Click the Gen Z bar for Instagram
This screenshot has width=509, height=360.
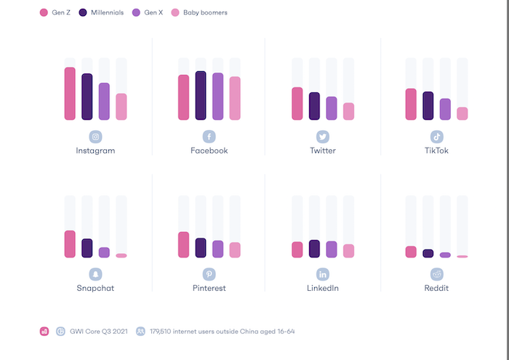[70, 94]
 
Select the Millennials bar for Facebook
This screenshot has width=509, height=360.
[201, 95]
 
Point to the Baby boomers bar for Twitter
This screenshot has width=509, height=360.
[348, 111]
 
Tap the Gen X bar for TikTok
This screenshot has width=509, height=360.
[445, 109]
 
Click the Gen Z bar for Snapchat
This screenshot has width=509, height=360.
[70, 244]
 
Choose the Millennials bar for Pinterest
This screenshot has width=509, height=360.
[201, 248]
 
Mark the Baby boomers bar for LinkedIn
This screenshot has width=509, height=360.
[348, 251]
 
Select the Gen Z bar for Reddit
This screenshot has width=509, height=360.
[411, 252]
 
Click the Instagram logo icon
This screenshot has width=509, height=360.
[95, 137]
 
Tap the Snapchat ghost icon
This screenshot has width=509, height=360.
[95, 274]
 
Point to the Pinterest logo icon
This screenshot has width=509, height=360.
[209, 274]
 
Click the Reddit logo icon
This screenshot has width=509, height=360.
[437, 274]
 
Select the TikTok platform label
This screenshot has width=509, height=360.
[437, 151]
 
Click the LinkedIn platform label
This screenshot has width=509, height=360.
[323, 288]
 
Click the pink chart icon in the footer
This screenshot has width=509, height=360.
[44, 332]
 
